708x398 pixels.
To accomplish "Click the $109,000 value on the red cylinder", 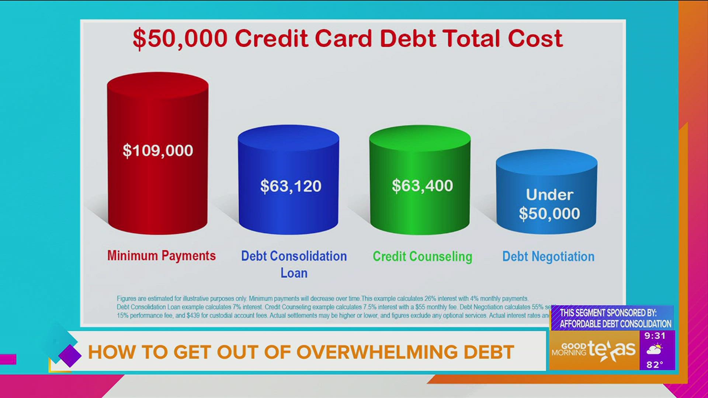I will tap(158, 150).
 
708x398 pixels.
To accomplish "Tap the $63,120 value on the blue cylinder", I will tap(291, 186).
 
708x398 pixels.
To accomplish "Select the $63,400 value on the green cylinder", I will tap(422, 186).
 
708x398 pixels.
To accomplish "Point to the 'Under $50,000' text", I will tap(549, 204).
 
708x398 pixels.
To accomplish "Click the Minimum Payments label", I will tap(162, 256).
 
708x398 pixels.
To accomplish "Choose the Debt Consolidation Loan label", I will tap(294, 264).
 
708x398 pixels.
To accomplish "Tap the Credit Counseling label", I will tap(422, 256).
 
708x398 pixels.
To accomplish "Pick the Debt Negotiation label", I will tap(548, 256).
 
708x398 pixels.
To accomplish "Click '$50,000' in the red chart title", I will tap(180, 38).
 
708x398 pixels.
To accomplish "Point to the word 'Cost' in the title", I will tap(535, 38).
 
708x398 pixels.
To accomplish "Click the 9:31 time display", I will tap(655, 336).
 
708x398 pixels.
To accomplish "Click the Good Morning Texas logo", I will tap(594, 350).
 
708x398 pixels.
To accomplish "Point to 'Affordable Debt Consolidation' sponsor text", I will tap(615, 324).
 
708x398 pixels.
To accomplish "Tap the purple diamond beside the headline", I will tap(70, 356).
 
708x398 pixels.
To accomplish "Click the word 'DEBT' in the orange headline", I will tap(489, 352).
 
